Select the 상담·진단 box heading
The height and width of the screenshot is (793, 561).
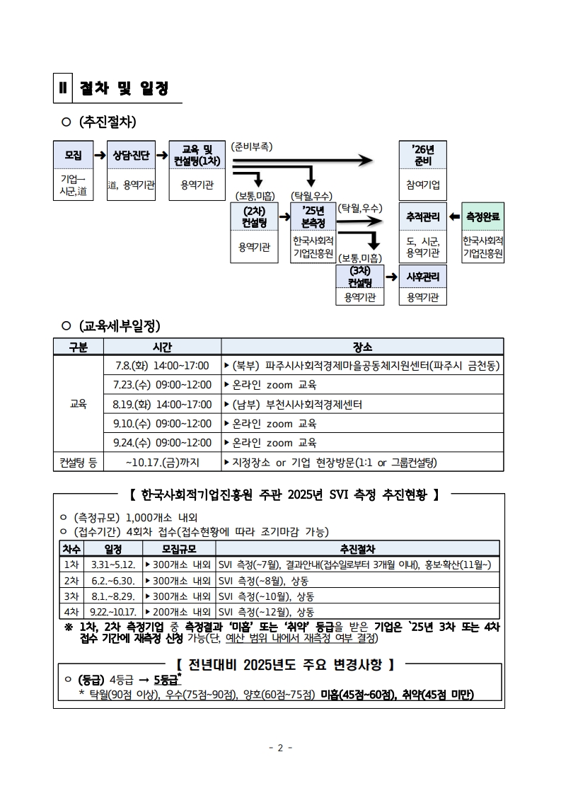tap(131, 155)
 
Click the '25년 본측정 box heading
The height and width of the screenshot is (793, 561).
tap(313, 217)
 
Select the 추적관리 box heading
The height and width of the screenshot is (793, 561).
tap(423, 217)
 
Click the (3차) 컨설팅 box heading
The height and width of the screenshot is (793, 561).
tap(360, 277)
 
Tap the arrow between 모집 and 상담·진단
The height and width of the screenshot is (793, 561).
tap(100, 155)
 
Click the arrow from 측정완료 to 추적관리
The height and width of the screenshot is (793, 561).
tap(454, 217)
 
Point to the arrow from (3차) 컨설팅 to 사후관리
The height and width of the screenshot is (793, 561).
tap(391, 277)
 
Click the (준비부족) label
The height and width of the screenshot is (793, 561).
tap(251, 146)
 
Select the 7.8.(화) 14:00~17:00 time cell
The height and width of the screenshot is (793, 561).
tap(162, 366)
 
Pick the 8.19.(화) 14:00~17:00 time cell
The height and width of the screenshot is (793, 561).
tap(162, 405)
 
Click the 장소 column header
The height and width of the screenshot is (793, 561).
tap(363, 347)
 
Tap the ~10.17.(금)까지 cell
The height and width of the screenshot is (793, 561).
tap(163, 462)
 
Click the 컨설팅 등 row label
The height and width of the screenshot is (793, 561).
tap(79, 462)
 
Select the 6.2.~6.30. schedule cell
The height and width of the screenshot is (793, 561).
tap(113, 581)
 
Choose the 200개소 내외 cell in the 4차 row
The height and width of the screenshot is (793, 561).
tap(178, 612)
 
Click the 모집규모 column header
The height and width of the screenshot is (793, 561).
tap(179, 549)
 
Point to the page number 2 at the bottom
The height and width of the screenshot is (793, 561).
tap(280, 748)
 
